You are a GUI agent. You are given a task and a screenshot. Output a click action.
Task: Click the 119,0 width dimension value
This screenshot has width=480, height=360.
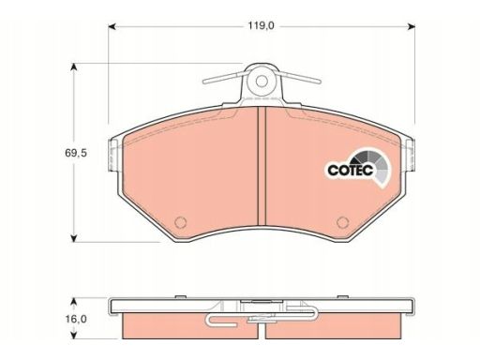tap(261, 25)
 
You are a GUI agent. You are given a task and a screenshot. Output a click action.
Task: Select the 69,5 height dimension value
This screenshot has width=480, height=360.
tap(76, 153)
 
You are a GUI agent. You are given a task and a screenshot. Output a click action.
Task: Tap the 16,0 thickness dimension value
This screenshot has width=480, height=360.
tap(76, 319)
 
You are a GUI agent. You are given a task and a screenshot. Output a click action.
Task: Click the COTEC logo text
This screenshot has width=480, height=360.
tap(351, 170)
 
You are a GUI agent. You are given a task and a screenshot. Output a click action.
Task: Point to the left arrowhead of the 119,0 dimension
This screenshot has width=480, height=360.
tap(112, 26)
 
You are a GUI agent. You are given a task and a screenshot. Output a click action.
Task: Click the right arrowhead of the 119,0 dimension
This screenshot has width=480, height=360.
tap(412, 26)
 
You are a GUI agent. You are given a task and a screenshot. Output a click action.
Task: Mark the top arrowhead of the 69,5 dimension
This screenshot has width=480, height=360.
tap(74, 67)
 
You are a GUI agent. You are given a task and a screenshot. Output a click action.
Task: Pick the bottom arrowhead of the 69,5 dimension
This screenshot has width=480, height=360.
tap(74, 238)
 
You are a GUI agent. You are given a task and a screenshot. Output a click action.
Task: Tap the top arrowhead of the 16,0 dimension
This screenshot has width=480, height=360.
tap(74, 301)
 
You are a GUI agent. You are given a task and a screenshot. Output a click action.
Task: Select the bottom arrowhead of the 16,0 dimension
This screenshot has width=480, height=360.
tap(74, 336)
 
